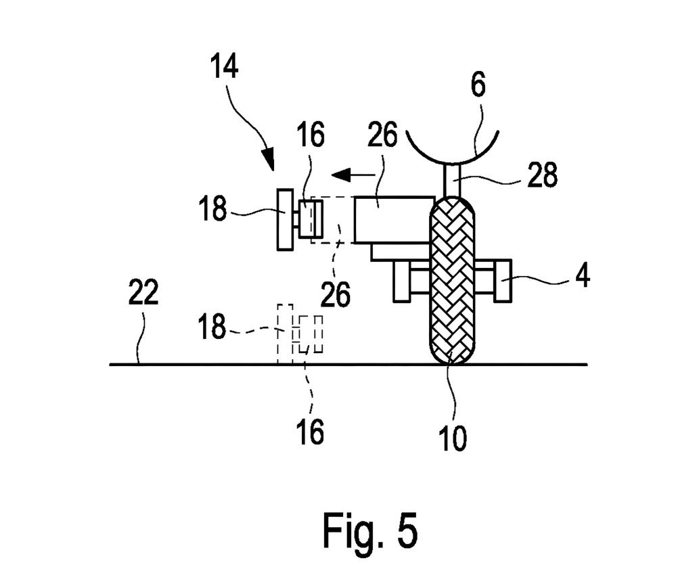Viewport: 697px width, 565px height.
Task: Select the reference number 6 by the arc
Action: (478, 87)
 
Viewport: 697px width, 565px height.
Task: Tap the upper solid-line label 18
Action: (213, 209)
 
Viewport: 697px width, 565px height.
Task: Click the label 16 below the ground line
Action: (310, 432)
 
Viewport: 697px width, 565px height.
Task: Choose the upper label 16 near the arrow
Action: (309, 135)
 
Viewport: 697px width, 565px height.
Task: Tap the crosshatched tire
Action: (454, 279)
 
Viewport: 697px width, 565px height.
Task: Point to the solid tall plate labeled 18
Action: (285, 219)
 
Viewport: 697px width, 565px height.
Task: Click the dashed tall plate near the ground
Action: (284, 334)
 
